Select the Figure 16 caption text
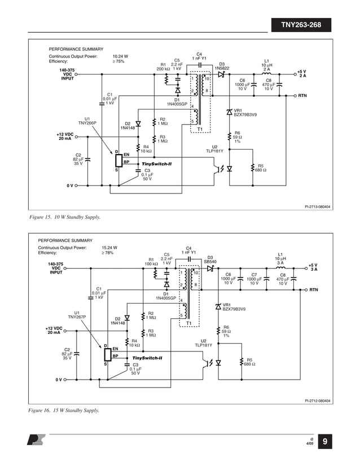click(64, 410)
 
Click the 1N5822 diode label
click(222, 68)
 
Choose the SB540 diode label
click(210, 262)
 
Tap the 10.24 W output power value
click(120, 56)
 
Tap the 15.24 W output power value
click(109, 247)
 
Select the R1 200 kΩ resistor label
click(163, 67)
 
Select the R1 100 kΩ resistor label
click(152, 261)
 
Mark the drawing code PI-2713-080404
click(315, 207)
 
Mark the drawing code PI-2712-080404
click(315, 401)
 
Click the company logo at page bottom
click(34, 440)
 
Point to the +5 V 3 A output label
click(314, 267)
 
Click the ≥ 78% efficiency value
click(108, 253)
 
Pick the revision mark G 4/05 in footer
click(309, 441)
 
